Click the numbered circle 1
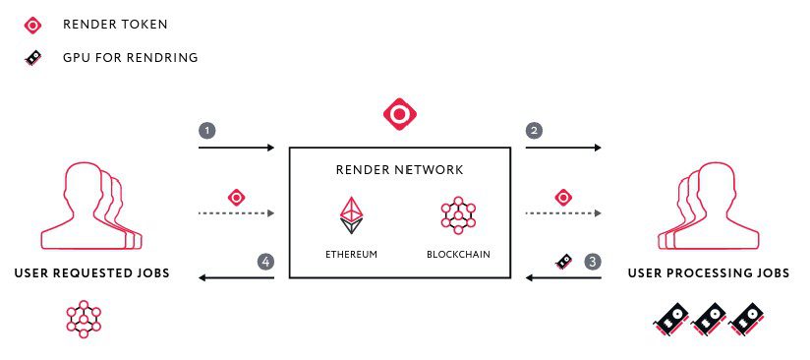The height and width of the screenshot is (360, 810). point(207,131)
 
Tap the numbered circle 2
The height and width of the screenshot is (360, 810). point(534,131)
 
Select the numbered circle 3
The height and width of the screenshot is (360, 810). point(593,262)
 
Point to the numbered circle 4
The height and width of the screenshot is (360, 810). point(265,262)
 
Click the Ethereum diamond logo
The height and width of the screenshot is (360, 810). point(351,215)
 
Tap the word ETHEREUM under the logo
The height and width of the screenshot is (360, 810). point(351,255)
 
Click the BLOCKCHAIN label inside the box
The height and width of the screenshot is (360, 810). point(458,255)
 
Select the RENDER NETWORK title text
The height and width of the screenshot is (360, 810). point(400,169)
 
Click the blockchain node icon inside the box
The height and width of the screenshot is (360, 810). point(458,215)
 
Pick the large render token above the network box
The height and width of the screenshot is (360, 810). point(400,114)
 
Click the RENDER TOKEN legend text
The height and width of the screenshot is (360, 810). point(115,25)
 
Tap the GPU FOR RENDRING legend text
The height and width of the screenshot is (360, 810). point(131,57)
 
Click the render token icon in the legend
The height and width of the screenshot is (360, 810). point(33,25)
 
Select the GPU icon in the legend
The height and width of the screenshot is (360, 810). point(33,58)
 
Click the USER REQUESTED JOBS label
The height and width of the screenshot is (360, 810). point(92,273)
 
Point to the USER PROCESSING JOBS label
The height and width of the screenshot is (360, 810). point(709,273)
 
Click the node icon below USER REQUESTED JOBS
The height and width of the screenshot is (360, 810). point(84,319)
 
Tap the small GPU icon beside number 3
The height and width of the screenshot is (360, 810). point(563,261)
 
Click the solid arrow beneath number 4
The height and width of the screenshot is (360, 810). point(236,278)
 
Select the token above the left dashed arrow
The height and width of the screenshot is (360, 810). point(237,197)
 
